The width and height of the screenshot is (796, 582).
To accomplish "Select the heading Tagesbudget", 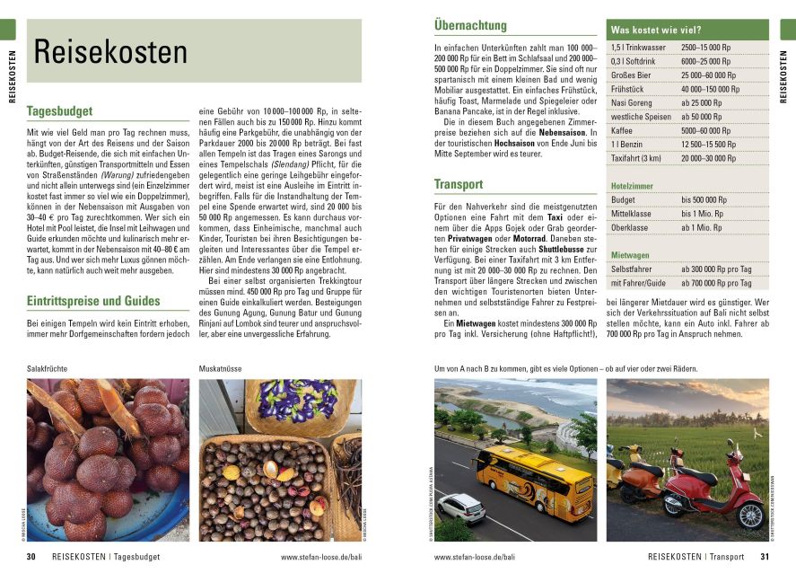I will (60, 111).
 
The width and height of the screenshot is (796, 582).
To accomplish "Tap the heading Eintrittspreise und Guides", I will (93, 301).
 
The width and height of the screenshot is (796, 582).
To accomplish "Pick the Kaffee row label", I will (622, 130).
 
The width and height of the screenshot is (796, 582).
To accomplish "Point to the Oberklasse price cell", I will (702, 227).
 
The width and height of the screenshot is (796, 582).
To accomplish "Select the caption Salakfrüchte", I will (48, 369).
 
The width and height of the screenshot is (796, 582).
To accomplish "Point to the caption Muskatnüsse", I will (221, 369).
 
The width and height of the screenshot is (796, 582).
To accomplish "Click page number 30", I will (31, 557).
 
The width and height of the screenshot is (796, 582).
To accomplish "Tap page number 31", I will (765, 557).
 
